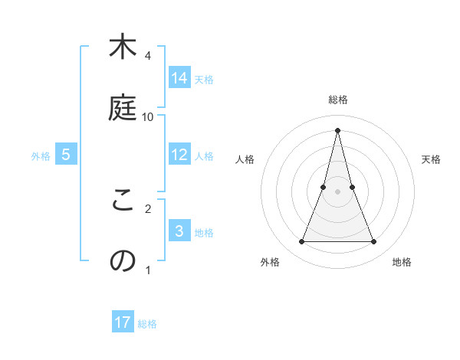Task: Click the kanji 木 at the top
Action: (x=122, y=47)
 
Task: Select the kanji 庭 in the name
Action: (x=122, y=108)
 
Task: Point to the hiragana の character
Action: (x=122, y=261)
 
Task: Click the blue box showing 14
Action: (x=179, y=78)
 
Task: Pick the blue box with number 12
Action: (x=179, y=155)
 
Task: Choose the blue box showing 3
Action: (x=179, y=231)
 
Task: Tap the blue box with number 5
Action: (x=66, y=155)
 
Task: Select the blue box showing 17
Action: (x=123, y=322)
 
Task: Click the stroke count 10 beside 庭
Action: (x=148, y=117)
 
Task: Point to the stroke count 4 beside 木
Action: (x=148, y=56)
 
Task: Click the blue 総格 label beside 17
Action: (x=147, y=324)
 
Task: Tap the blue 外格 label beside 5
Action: (x=41, y=155)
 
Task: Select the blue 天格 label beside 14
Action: (x=204, y=79)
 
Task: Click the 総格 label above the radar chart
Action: (x=338, y=100)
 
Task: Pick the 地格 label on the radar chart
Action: (x=402, y=262)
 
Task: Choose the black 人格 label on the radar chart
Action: (x=245, y=159)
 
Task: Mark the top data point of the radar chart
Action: (x=337, y=130)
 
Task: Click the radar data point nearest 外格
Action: (x=301, y=242)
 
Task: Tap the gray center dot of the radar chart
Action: (x=337, y=191)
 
